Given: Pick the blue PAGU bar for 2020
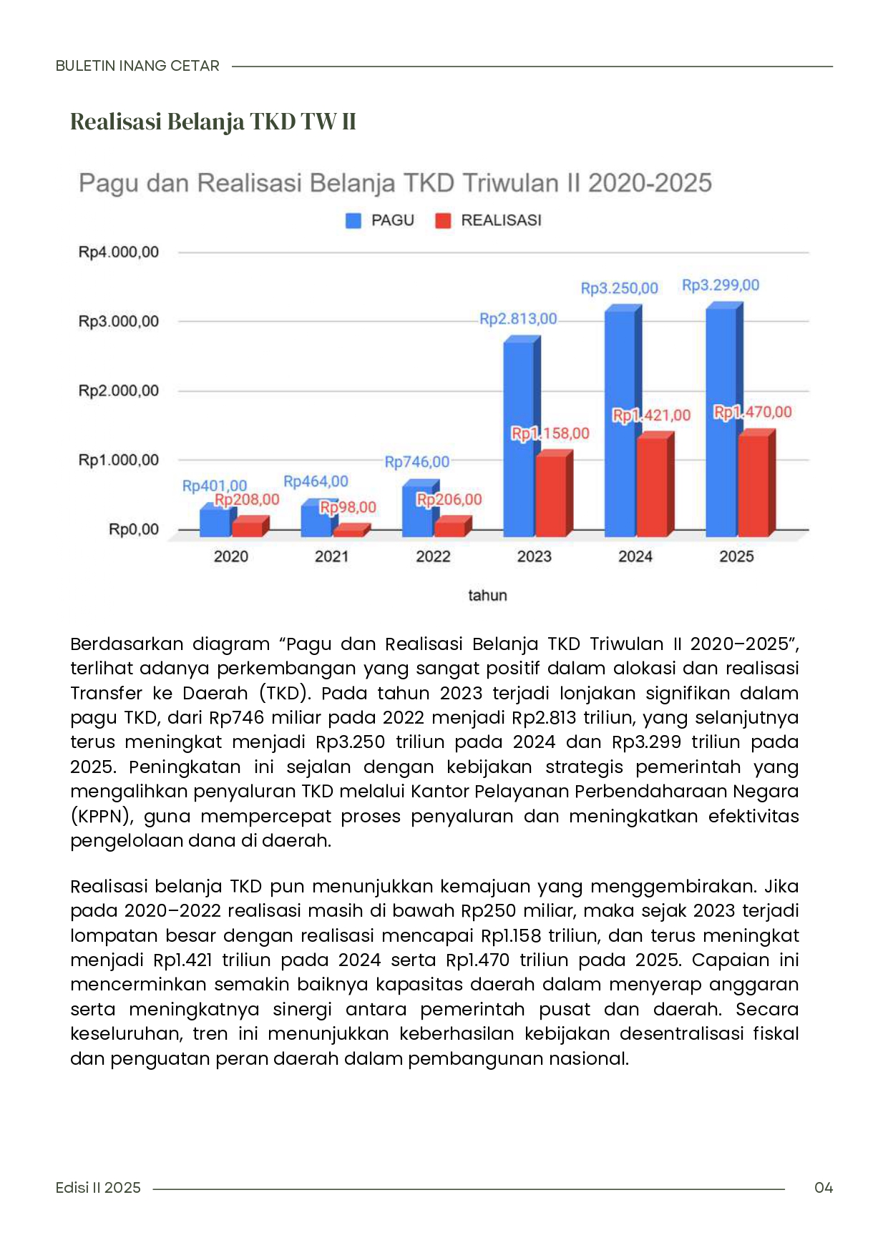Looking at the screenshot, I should pyautogui.click(x=215, y=522).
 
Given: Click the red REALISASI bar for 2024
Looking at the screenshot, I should pyautogui.click(x=652, y=486).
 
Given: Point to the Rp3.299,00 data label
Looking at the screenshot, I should pyautogui.click(x=721, y=285).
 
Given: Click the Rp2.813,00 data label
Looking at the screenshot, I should pyautogui.click(x=518, y=319).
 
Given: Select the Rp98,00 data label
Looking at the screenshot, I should pyautogui.click(x=348, y=507).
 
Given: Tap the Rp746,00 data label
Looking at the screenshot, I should pyautogui.click(x=417, y=462).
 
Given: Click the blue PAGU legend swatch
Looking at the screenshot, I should pyautogui.click(x=353, y=221).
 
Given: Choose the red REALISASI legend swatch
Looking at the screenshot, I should pyautogui.click(x=444, y=221).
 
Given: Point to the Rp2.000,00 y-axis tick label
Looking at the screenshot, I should pyautogui.click(x=119, y=390).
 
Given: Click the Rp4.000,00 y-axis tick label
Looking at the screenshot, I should pyautogui.click(x=119, y=252).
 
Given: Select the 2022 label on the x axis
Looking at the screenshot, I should pyautogui.click(x=433, y=556).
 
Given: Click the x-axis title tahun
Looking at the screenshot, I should pyautogui.click(x=487, y=595).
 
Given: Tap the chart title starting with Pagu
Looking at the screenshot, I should pyautogui.click(x=395, y=183).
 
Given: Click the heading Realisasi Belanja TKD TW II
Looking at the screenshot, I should pyautogui.click(x=213, y=122).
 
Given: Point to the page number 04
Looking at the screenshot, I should pyautogui.click(x=824, y=1188).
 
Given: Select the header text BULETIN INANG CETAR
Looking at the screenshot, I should pyautogui.click(x=137, y=66).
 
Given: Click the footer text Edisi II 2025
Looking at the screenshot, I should pyautogui.click(x=98, y=1188).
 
